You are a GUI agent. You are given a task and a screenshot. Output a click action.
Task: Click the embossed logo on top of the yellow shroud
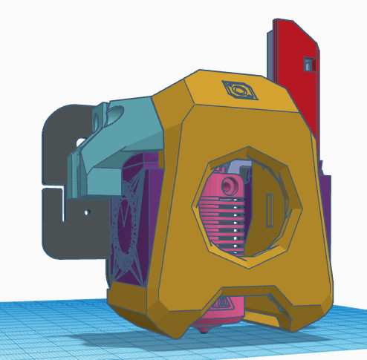point(238,91)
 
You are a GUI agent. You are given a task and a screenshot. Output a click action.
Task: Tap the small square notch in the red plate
point(308,65)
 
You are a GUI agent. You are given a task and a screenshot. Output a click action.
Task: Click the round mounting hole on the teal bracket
point(100,117)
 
